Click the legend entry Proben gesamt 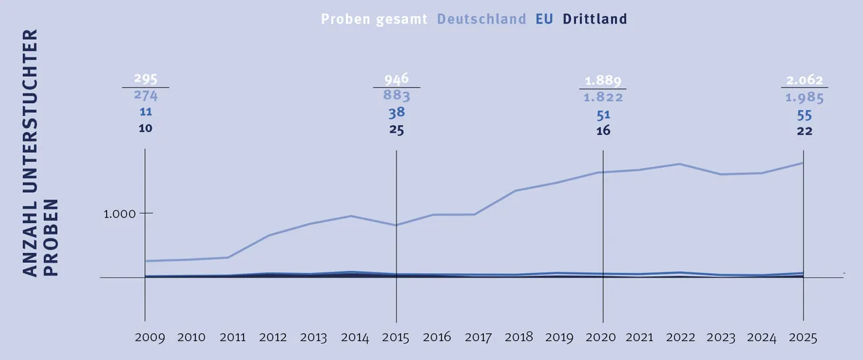click(374, 19)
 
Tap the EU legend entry click(544, 19)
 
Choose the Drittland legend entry click(595, 19)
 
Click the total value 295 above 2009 click(146, 78)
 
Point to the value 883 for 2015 click(396, 96)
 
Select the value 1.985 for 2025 click(804, 98)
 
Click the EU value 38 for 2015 click(396, 113)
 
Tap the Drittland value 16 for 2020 click(603, 131)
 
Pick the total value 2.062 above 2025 click(804, 80)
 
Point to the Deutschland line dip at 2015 click(396, 225)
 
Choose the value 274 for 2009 click(146, 96)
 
